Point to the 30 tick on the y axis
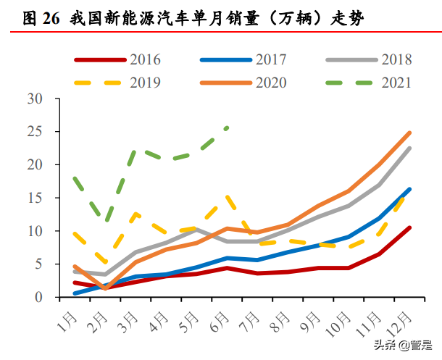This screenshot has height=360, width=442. point(36,99)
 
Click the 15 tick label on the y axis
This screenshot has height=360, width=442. point(36,198)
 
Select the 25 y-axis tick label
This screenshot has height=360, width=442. point(36,132)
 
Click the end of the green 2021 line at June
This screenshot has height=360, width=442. point(228,127)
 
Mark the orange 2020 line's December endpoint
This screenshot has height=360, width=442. point(410,133)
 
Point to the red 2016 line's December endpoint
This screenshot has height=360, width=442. point(410,227)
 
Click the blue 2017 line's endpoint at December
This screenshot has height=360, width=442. point(410,189)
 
